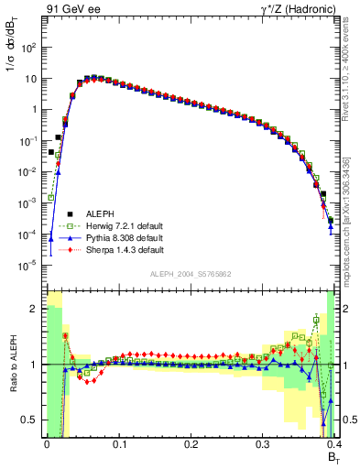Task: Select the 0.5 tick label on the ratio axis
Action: [x=30, y=420]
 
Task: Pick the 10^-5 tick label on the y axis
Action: [x=28, y=266]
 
